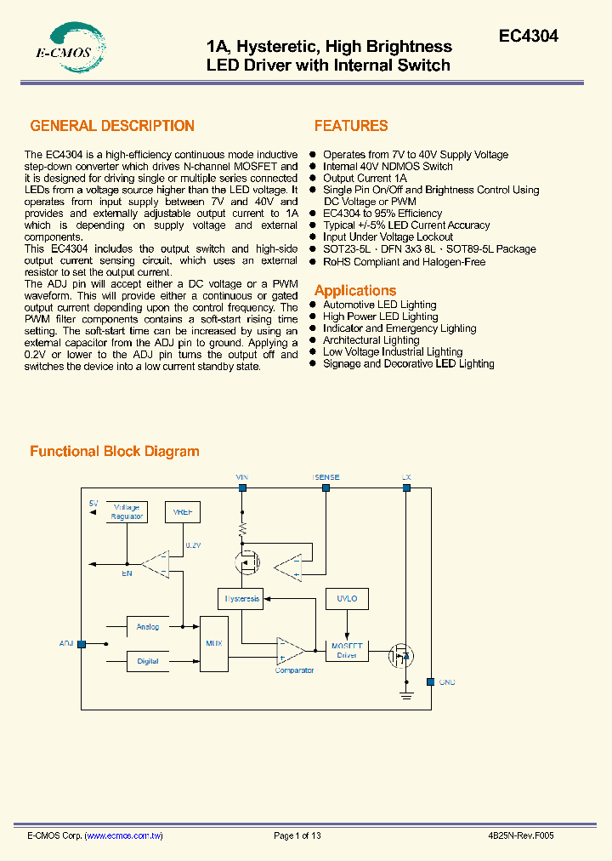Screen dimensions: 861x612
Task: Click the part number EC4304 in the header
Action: pyautogui.click(x=528, y=37)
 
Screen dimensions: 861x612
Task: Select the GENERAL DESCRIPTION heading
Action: pyautogui.click(x=112, y=126)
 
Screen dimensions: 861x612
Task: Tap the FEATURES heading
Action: pyautogui.click(x=351, y=126)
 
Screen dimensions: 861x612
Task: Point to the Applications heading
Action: pyautogui.click(x=355, y=290)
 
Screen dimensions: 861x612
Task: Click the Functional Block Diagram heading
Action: pyautogui.click(x=115, y=452)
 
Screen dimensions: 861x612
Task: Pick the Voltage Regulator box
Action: pyautogui.click(x=127, y=511)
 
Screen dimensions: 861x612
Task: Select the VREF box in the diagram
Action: pyautogui.click(x=183, y=511)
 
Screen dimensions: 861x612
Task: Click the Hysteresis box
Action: pyautogui.click(x=241, y=598)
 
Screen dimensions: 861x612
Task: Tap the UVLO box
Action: pyautogui.click(x=347, y=598)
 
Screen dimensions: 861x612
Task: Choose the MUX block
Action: pyautogui.click(x=214, y=643)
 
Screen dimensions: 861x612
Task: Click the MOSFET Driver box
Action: pyautogui.click(x=347, y=650)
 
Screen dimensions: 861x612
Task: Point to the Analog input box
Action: pyautogui.click(x=148, y=627)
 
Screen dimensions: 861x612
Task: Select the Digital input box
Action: pyautogui.click(x=148, y=660)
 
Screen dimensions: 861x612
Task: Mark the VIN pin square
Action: pyautogui.click(x=242, y=488)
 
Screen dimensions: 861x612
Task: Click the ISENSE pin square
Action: pyautogui.click(x=326, y=488)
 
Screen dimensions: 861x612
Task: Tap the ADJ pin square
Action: pyautogui.click(x=82, y=644)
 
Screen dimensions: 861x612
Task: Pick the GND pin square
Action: pyautogui.click(x=430, y=681)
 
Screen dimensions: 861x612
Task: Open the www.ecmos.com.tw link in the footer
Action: pyautogui.click(x=125, y=835)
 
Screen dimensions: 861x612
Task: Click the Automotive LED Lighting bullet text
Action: pyautogui.click(x=379, y=305)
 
